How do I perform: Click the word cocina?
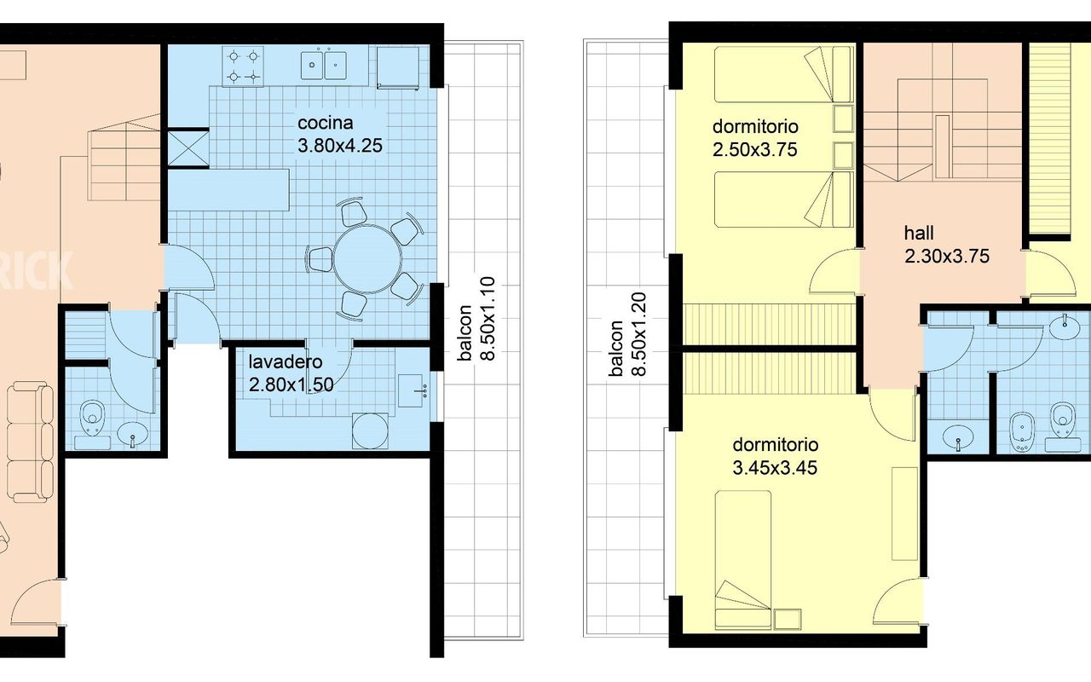click(x=325, y=123)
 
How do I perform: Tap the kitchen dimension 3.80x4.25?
click(x=340, y=146)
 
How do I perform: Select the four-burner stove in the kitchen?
click(x=243, y=66)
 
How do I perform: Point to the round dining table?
click(x=367, y=258)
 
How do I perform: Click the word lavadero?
click(x=286, y=362)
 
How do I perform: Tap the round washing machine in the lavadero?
click(x=370, y=431)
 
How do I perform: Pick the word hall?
click(x=919, y=234)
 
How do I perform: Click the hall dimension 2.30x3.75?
click(x=947, y=257)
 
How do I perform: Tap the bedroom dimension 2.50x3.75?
click(x=755, y=149)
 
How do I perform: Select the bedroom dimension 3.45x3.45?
click(x=775, y=468)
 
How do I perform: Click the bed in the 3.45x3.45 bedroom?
click(x=742, y=560)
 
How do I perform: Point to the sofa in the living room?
click(x=30, y=442)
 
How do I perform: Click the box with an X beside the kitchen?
click(x=188, y=148)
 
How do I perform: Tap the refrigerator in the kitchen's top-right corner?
click(x=398, y=67)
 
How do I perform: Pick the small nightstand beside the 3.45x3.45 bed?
click(x=787, y=619)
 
